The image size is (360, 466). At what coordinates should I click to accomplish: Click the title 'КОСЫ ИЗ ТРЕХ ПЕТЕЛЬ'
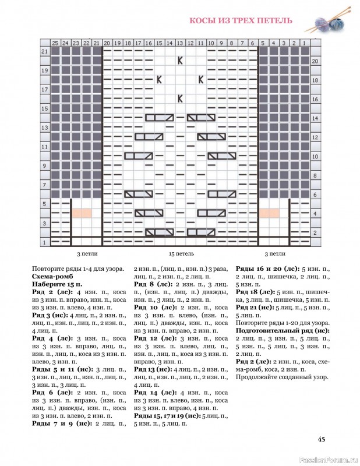pos(241,22)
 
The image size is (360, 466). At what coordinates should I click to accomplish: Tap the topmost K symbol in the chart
pos(181,60)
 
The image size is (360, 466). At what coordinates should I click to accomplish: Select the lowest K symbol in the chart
pos(181,98)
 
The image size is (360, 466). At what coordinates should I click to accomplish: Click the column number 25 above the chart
pos(55,43)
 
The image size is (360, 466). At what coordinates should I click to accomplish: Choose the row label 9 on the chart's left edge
pos(44,165)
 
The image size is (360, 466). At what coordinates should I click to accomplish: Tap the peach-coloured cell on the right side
pos(269,213)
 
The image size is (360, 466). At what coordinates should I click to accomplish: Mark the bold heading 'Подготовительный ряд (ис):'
pos(283,330)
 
